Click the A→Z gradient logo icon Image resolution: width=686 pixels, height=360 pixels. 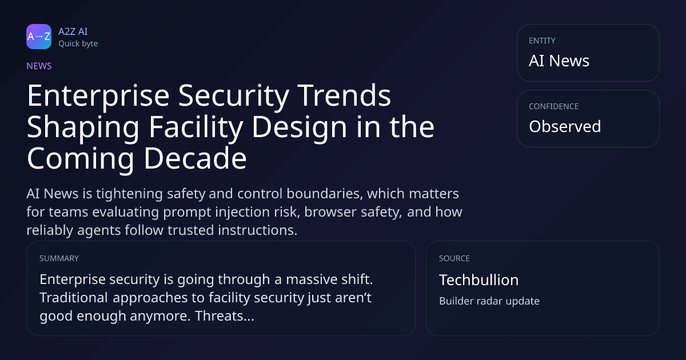(39, 37)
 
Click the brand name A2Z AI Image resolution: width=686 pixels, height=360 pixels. (73, 31)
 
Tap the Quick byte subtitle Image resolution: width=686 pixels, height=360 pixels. (78, 44)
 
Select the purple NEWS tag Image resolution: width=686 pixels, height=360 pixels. (39, 66)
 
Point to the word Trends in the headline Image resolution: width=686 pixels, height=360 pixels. (344, 95)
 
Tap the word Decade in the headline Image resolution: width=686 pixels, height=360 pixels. (196, 158)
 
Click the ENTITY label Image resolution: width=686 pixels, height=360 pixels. (542, 41)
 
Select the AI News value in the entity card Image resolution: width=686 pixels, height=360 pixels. (559, 61)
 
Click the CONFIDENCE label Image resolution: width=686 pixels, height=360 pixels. (554, 106)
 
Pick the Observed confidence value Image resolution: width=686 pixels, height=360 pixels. (565, 126)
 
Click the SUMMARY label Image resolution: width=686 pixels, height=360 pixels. (59, 258)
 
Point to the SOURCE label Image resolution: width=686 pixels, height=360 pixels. (454, 258)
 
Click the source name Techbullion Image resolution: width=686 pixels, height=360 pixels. (479, 280)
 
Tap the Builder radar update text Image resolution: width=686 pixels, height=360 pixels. (489, 301)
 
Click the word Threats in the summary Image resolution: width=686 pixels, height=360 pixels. (225, 316)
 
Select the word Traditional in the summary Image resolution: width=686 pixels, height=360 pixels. (74, 298)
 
